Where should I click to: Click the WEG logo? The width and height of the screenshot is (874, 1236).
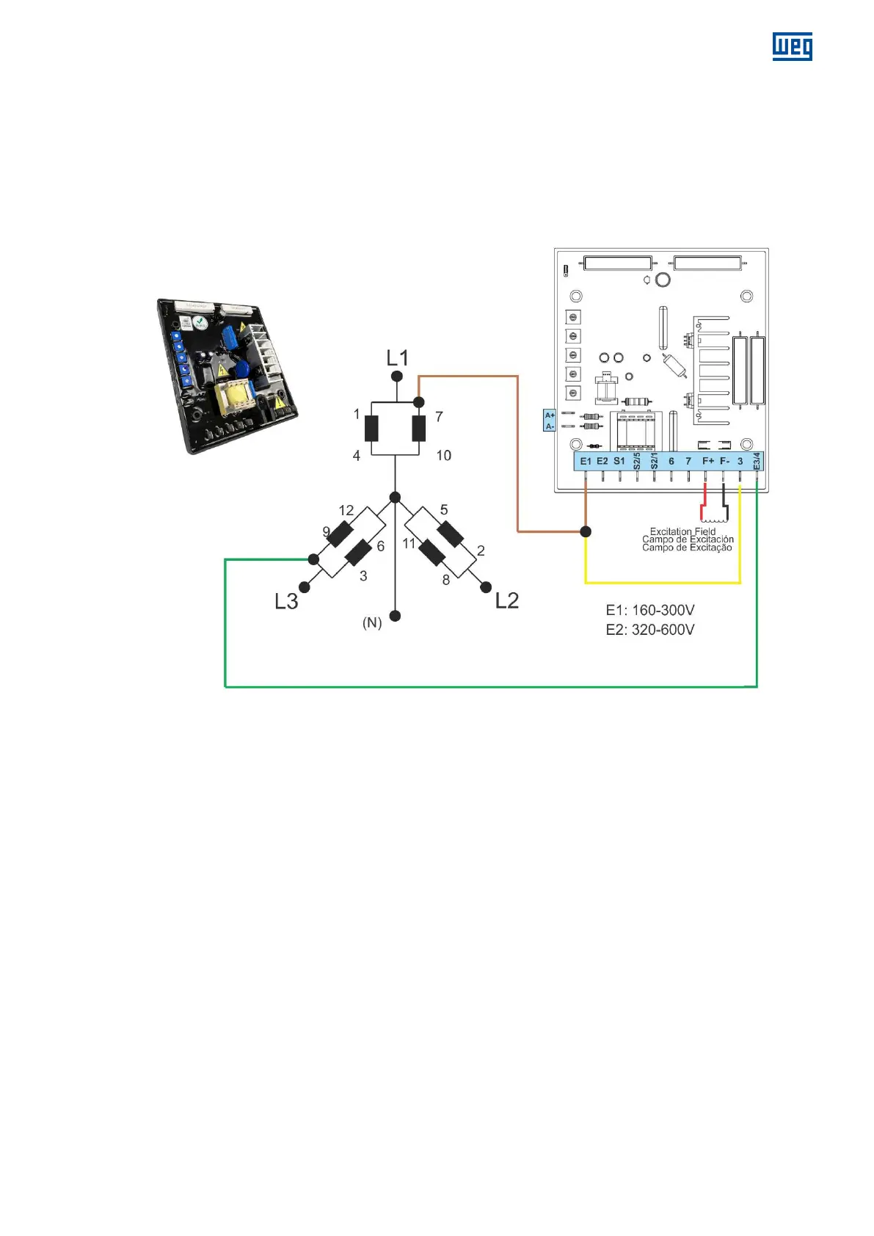tap(792, 46)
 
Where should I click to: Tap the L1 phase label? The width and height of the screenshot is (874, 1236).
tap(397, 358)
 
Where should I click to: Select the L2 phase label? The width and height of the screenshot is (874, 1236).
tap(507, 600)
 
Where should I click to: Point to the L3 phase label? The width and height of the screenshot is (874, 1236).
tap(286, 602)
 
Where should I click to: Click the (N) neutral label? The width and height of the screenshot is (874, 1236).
tap(372, 623)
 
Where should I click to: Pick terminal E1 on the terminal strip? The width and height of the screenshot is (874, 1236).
tap(586, 461)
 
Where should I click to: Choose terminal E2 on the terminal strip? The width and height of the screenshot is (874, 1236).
tap(602, 461)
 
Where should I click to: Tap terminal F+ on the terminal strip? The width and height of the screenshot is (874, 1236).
tap(707, 461)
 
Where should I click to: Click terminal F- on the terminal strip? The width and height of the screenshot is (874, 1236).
tap(724, 461)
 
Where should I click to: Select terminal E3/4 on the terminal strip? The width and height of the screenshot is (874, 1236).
tap(757, 461)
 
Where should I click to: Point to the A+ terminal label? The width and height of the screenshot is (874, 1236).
tap(550, 415)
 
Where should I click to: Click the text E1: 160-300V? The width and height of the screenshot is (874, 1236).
tap(650, 610)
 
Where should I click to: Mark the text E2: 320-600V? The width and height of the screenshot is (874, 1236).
tap(650, 630)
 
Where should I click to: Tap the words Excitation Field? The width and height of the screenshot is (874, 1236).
tap(682, 531)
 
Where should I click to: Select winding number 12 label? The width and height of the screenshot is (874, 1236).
tap(346, 510)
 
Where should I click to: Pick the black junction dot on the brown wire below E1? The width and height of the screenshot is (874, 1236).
tap(586, 531)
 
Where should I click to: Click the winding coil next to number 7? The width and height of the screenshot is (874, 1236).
tap(419, 429)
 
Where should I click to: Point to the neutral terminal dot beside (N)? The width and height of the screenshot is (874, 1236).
tap(395, 616)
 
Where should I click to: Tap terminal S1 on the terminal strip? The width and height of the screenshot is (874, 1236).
tap(619, 461)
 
